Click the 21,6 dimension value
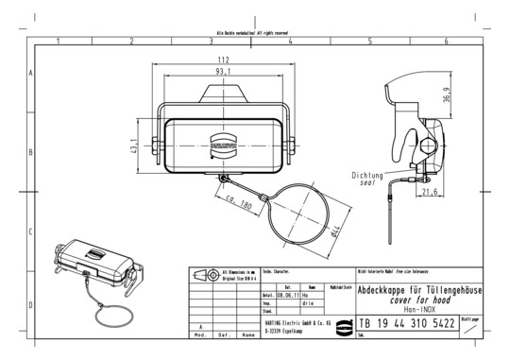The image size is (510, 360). (x=430, y=193)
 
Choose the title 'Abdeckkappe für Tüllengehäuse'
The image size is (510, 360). (x=419, y=289)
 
